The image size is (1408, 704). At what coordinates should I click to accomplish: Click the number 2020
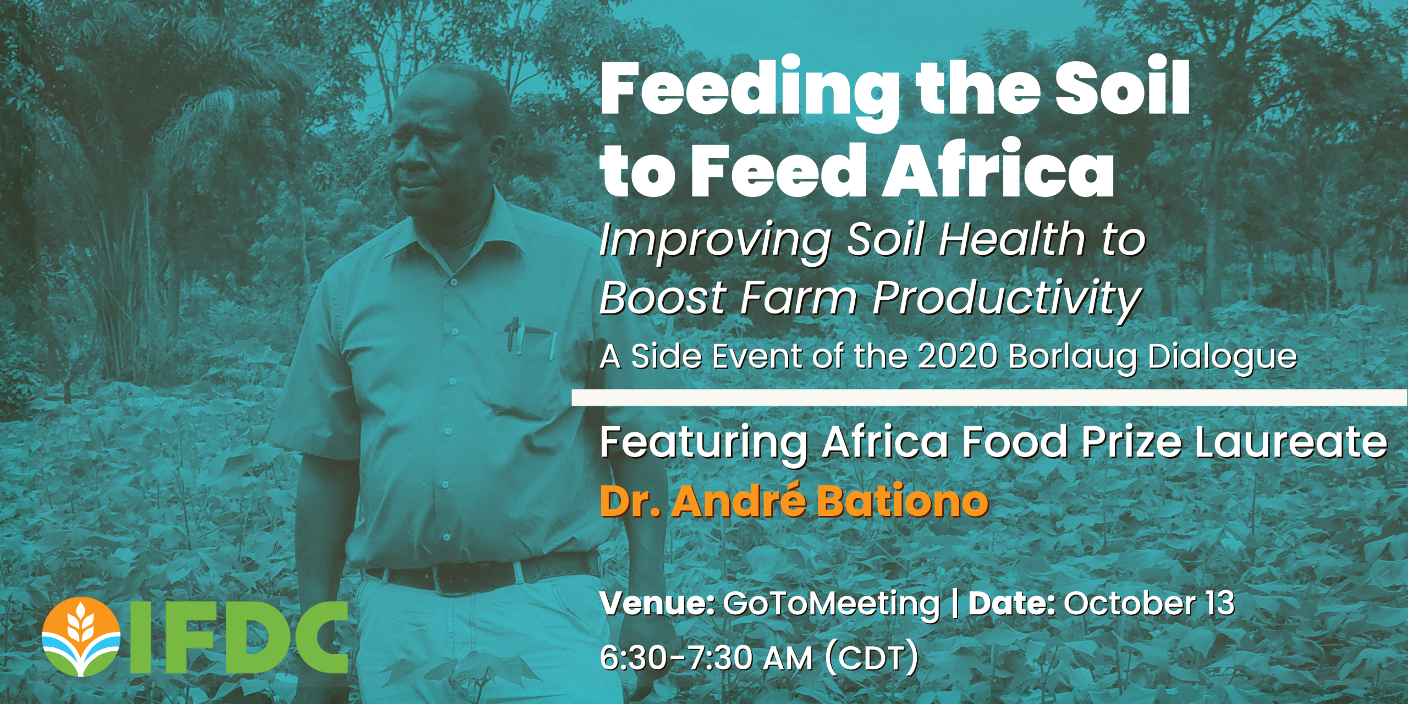958,356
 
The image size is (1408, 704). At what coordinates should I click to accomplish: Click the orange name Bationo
903,501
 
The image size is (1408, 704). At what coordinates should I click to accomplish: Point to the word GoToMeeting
832,605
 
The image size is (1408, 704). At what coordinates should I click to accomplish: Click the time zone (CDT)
872,658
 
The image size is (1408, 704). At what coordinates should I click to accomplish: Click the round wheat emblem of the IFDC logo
81,637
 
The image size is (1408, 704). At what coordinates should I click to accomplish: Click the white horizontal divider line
989,397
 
